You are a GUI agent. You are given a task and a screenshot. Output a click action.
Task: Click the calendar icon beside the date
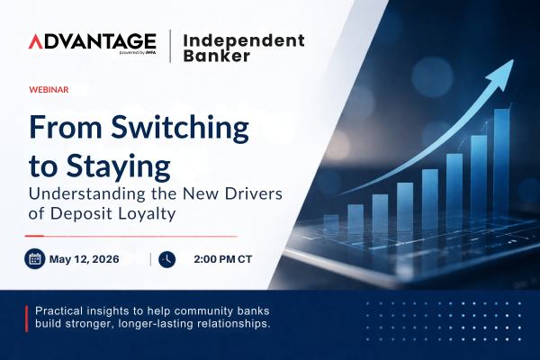(x=36, y=258)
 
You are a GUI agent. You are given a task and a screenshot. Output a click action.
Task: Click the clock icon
(x=166, y=259)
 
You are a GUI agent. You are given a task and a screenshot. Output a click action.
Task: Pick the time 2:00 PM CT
(x=224, y=259)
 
